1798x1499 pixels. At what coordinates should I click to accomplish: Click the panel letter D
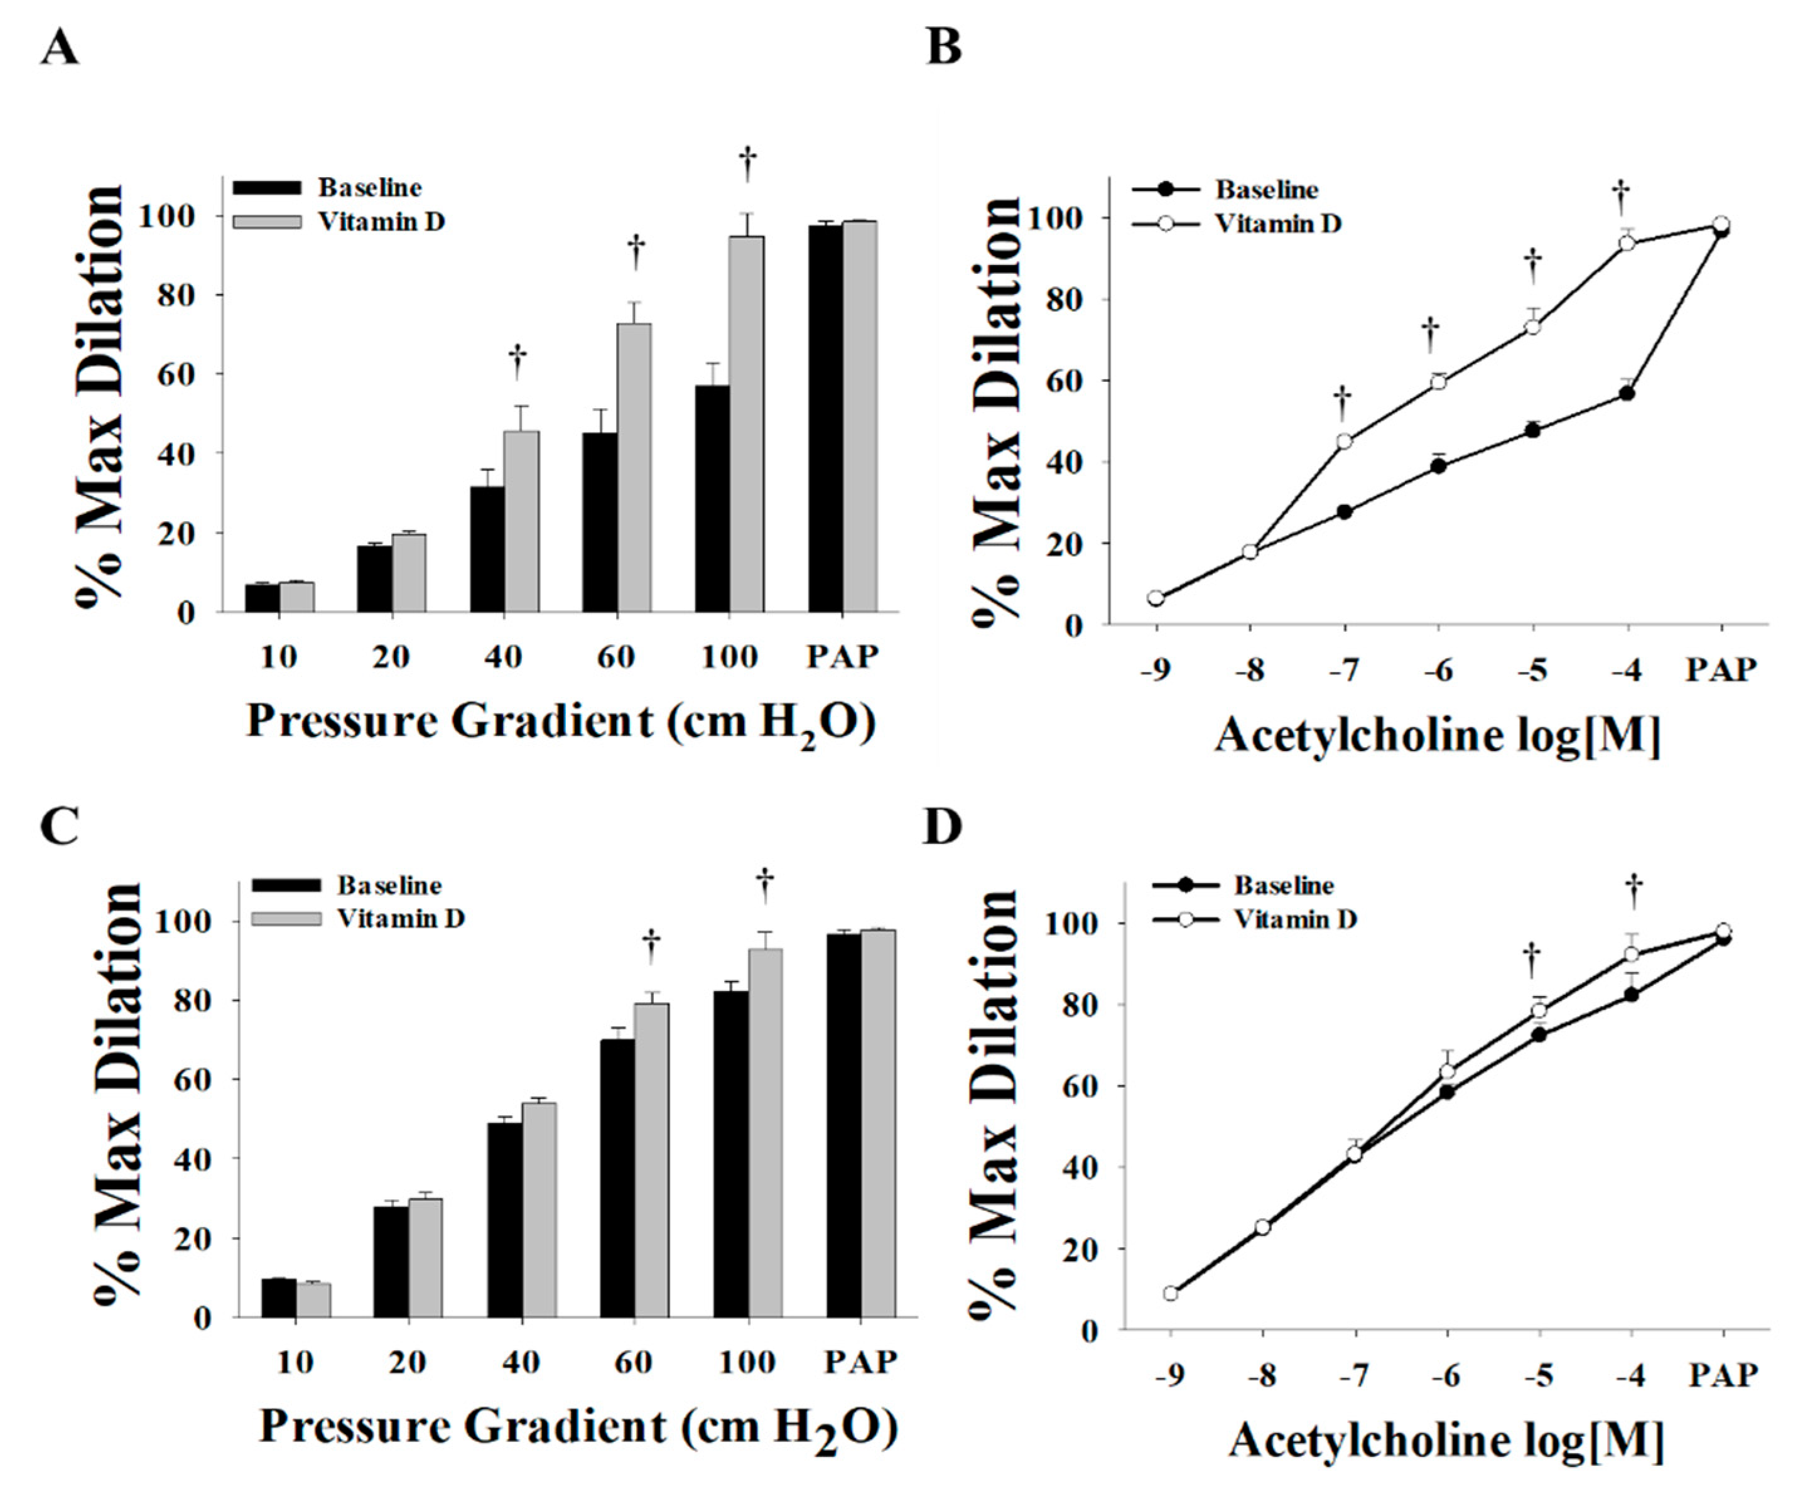[943, 828]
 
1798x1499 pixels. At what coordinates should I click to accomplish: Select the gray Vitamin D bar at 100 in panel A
[747, 424]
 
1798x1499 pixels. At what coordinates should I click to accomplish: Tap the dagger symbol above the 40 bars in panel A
[517, 360]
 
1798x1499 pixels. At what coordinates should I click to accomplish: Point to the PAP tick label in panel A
[843, 658]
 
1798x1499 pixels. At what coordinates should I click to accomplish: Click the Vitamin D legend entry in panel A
[381, 221]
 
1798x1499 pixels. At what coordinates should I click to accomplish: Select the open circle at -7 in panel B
[1344, 441]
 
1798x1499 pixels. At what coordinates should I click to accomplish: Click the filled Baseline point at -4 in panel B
[1627, 394]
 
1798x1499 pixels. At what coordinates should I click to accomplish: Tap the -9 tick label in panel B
[1155, 670]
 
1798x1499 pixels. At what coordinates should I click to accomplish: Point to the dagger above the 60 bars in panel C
[651, 944]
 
